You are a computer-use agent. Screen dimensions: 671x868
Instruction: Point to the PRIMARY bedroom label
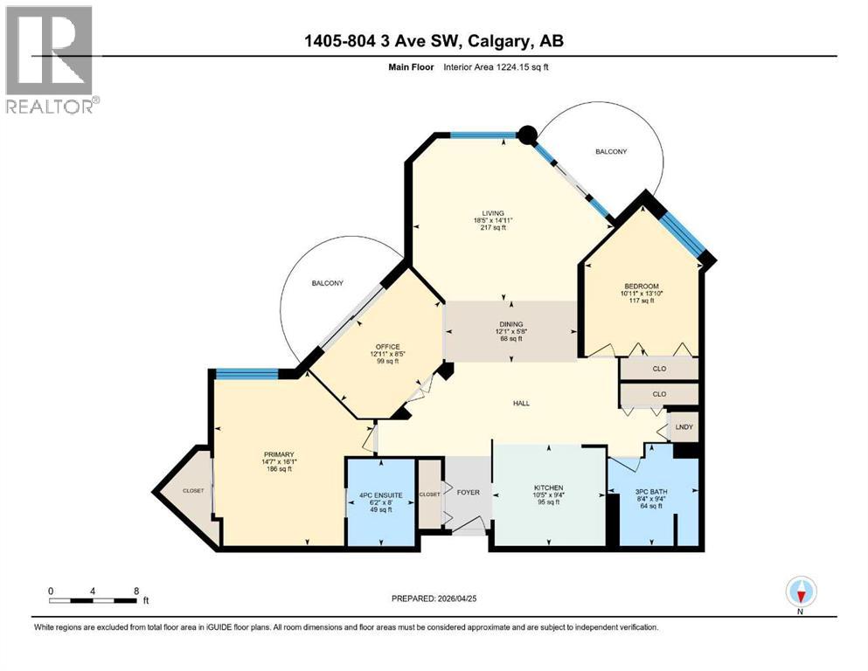[279, 454]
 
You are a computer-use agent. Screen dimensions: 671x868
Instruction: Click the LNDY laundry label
[684, 427]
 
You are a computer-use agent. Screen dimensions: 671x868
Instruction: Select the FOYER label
[469, 492]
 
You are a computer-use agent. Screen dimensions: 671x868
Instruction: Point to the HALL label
[522, 403]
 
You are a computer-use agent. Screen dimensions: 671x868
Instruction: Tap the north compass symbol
[802, 592]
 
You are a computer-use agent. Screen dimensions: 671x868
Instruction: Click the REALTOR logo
[52, 59]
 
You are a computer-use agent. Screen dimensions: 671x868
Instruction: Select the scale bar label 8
[135, 590]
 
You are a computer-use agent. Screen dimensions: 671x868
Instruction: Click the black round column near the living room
[526, 135]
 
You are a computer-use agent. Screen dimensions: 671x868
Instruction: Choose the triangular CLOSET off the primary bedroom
[192, 491]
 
